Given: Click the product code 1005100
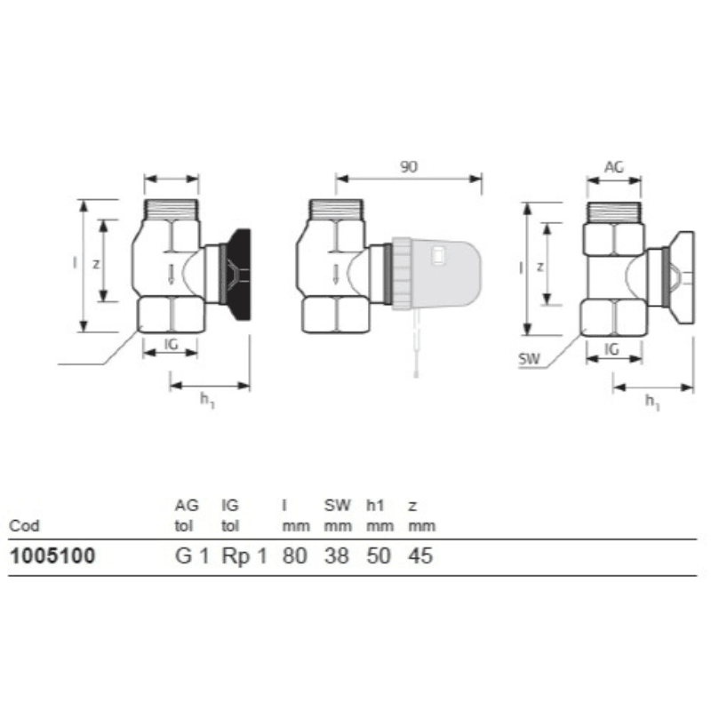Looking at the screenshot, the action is tap(52, 556).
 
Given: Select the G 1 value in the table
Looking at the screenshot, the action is tap(192, 556).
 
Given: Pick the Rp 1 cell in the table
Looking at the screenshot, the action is tap(244, 556).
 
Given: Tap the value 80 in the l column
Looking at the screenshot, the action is tap(295, 556).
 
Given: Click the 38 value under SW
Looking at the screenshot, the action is tap(337, 556).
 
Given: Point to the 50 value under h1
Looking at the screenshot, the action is tap(379, 556).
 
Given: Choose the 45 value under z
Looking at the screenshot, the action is tap(420, 556).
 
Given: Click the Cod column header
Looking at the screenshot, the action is tap(24, 526).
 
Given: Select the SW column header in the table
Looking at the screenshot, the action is tap(338, 505).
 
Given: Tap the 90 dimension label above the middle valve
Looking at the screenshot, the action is tap(409, 167).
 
